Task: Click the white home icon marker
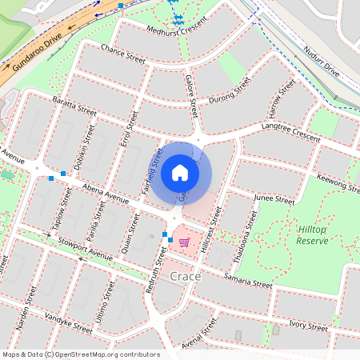(x=180, y=172)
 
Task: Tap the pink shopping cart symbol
(x=184, y=242)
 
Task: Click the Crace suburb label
(x=186, y=276)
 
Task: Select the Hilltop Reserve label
(x=311, y=234)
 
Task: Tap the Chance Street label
(x=123, y=54)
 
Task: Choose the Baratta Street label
(x=74, y=107)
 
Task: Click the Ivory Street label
(x=308, y=325)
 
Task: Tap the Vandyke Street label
(x=67, y=324)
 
